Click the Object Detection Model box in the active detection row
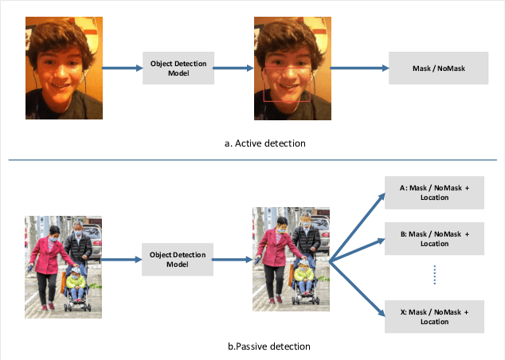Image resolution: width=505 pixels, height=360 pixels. [178, 68]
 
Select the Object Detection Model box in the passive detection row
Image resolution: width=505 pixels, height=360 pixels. [178, 260]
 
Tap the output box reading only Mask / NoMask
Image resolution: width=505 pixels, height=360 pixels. [438, 68]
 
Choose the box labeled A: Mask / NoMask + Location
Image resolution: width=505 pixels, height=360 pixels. [434, 192]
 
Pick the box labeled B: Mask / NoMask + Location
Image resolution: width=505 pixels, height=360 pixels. [434, 238]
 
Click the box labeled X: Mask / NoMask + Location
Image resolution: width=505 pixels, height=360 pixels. [434, 316]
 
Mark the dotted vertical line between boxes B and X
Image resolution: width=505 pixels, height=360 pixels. [435, 276]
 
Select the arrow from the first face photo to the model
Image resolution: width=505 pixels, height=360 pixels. [120, 68]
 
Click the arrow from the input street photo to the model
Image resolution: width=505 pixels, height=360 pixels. [122, 260]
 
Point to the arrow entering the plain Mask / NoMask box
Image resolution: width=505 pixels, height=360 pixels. [359, 68]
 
